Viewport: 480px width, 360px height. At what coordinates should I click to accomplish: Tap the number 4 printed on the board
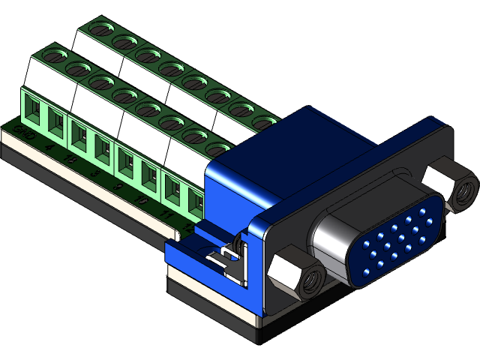point(49,148)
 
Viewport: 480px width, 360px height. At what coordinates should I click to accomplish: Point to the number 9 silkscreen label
point(118,184)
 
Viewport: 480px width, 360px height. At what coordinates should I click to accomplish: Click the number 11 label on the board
point(164,214)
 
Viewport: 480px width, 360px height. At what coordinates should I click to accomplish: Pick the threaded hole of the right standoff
point(466,190)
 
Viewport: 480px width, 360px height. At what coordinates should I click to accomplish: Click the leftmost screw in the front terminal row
point(52,55)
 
